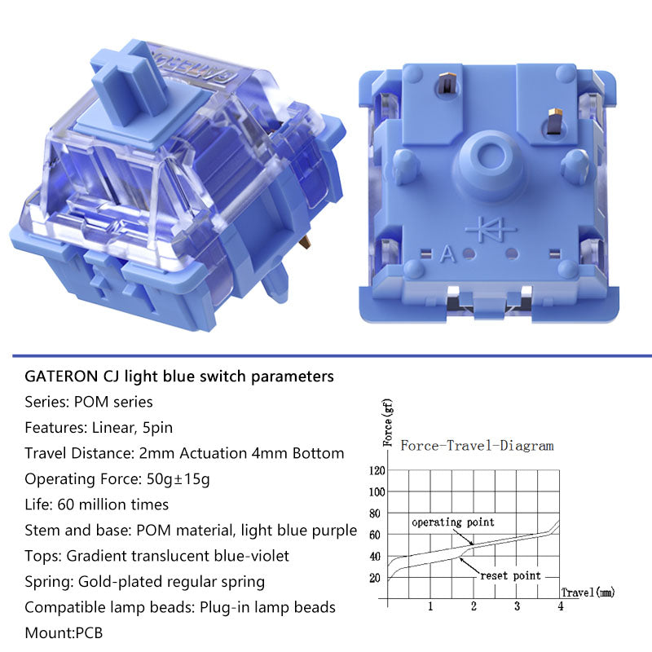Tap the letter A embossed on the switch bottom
tap(447, 254)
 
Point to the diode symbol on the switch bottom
tap(491, 229)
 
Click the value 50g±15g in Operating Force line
tap(178, 479)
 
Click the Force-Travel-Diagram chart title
tap(477, 446)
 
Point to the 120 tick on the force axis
tap(377, 471)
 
